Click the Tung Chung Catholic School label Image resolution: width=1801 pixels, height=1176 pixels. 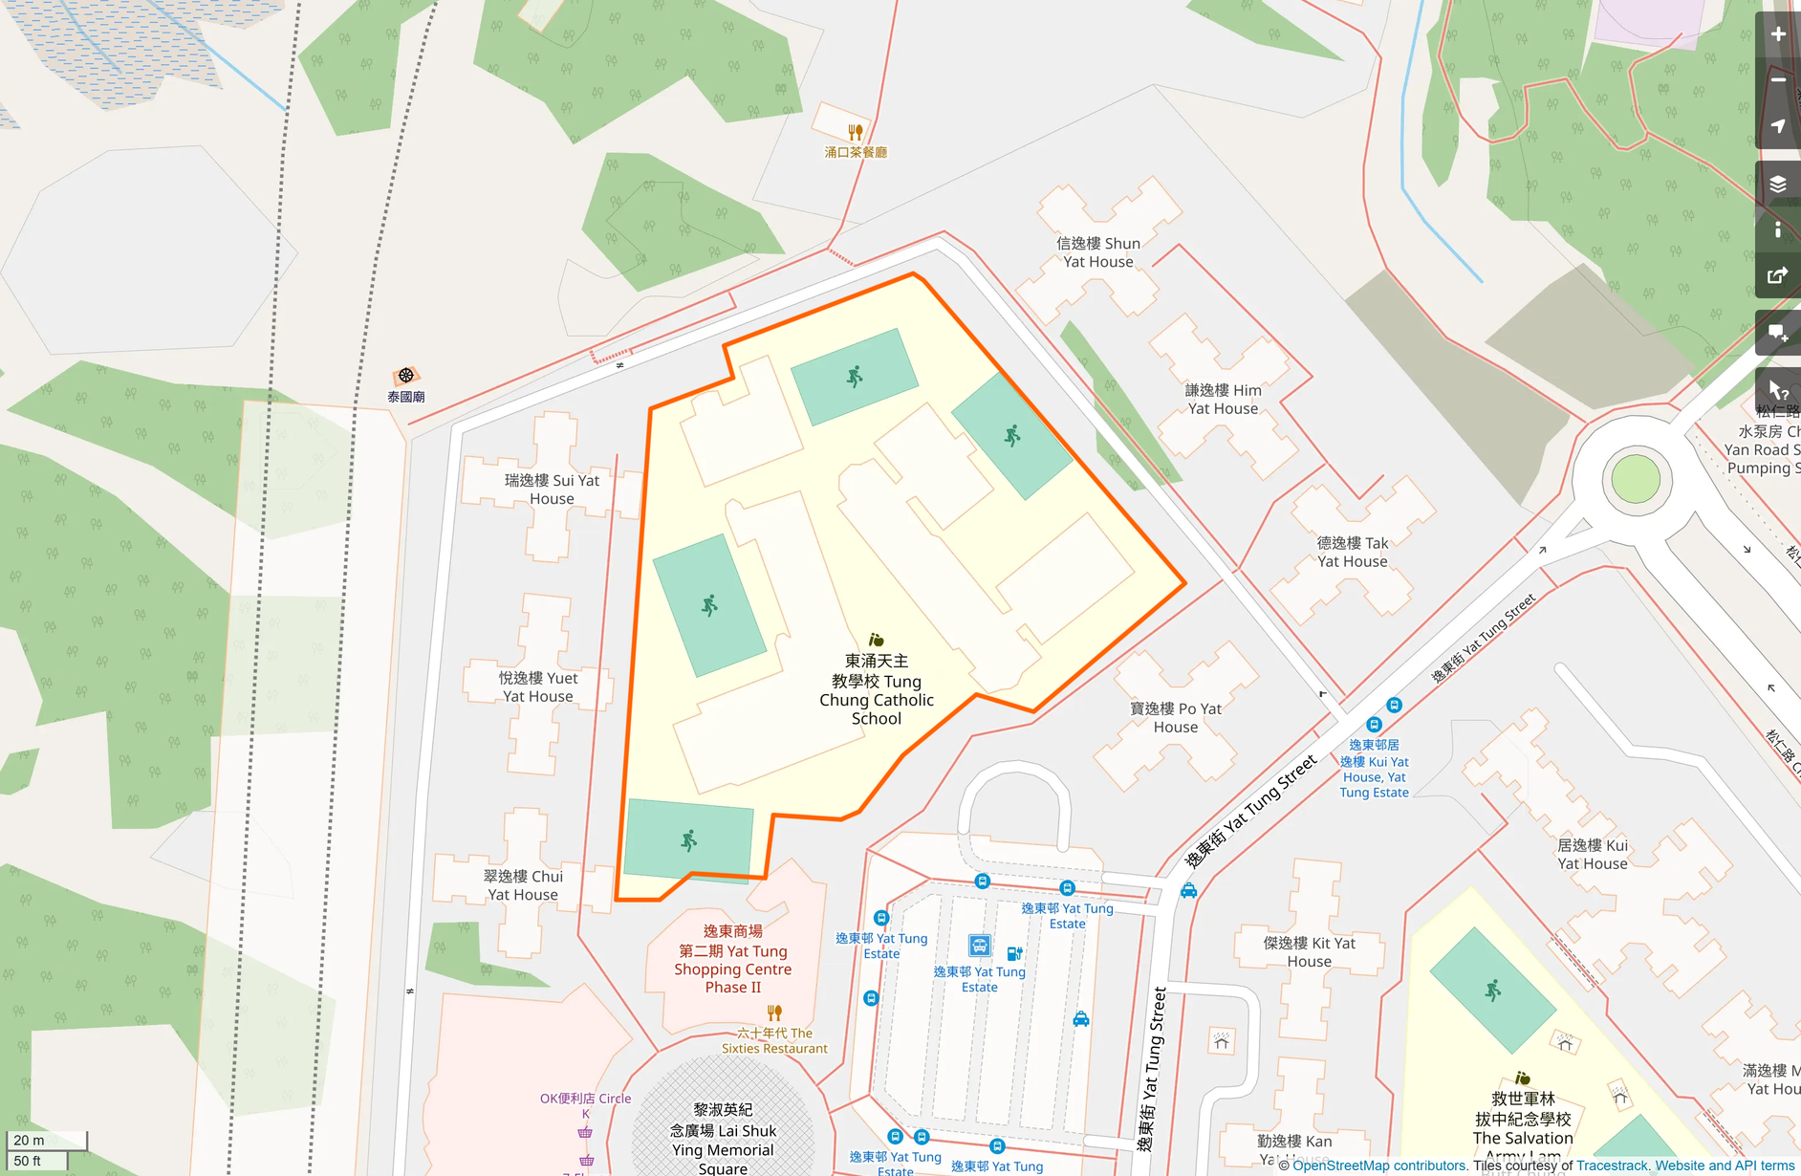pos(877,689)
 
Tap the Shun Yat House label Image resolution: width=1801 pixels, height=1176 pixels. pos(1098,252)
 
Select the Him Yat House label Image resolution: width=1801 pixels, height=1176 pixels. pos(1223,399)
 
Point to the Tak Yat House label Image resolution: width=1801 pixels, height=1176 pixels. pos(1352,552)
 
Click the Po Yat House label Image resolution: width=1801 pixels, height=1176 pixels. pos(1175,717)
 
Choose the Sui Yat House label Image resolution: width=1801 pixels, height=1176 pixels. pos(552,489)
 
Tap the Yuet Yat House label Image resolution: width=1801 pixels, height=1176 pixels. pos(538,686)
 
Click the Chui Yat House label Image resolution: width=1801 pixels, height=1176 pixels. pos(523,885)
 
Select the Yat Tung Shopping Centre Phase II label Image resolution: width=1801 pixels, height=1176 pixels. pos(733,959)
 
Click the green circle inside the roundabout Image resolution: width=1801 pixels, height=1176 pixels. pos(1636,479)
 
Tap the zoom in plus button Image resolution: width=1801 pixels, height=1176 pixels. pos(1778,34)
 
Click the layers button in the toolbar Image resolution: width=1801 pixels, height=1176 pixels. pos(1778,184)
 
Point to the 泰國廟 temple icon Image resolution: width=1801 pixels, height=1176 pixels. pos(406,376)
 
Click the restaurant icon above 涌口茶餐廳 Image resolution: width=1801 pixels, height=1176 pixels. pos(856,132)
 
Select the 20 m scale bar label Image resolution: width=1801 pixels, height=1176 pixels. pos(29,1140)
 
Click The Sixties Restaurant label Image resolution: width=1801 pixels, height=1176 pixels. pos(774,1040)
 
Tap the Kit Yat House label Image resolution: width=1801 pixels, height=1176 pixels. pos(1309,951)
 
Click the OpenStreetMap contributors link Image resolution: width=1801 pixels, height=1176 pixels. pos(1379,1165)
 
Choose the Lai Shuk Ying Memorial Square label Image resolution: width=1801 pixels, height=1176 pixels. pos(723,1138)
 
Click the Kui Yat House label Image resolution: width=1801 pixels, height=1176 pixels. pos(1592,854)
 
